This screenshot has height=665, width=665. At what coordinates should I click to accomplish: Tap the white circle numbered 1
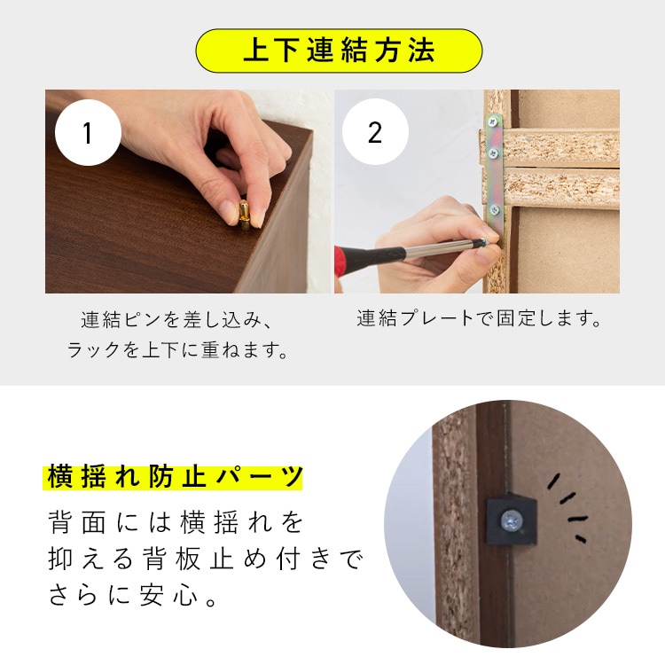click(87, 133)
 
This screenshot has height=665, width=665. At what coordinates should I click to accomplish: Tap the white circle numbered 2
click(374, 133)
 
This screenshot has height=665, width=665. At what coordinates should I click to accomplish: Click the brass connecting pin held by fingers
click(244, 215)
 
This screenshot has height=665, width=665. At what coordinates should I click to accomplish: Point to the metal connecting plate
click(494, 168)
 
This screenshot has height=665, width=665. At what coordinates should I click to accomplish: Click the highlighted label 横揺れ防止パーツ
click(173, 477)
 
